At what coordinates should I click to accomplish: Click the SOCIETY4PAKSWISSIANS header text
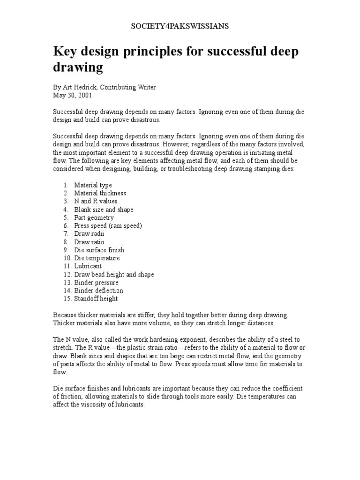coord(180,26)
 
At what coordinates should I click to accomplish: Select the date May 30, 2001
coord(73,95)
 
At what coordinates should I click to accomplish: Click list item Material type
coord(93,185)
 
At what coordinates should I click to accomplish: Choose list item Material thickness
coord(100,193)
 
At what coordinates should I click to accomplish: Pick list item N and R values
coord(96,201)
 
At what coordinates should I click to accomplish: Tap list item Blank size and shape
coord(104,210)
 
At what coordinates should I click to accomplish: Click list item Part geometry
coord(94,217)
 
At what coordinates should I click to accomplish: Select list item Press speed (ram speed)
coord(108,225)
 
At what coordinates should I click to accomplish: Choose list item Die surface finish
coord(99,250)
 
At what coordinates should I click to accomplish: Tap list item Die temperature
coord(97,258)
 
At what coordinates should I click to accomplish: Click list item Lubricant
coord(88,266)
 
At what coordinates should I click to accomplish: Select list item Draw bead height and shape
coord(114,274)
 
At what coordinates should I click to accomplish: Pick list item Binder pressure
coord(96,283)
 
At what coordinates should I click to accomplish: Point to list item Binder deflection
coord(98,291)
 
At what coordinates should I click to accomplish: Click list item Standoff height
coord(96,299)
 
